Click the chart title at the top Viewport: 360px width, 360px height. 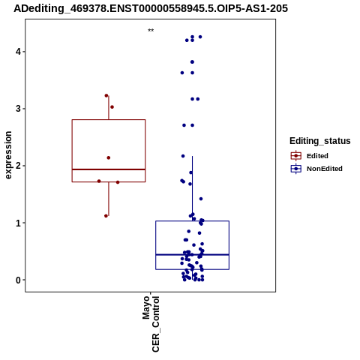pos(151,8)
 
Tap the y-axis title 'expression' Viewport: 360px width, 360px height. pos(8,155)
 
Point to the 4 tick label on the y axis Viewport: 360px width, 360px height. pos(18,52)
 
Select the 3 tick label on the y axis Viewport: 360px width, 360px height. pos(18,109)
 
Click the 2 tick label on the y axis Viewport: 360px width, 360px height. pos(18,166)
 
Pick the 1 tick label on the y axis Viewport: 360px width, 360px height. pos(18,223)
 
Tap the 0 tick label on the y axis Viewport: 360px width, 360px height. pos(18,280)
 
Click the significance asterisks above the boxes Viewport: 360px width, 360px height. pos(151,31)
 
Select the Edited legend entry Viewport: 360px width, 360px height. pos(317,156)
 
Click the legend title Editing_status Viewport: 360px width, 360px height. pos(320,141)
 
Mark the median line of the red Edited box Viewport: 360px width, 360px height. pos(109,169)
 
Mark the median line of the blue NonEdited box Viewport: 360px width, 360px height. pos(192,255)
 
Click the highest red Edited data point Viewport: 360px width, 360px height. pos(106,95)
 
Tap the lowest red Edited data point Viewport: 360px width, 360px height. pos(106,216)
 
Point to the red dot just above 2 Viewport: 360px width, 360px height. pos(109,157)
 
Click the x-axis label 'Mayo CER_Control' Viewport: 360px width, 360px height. pos(151,324)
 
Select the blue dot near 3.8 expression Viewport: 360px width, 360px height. pos(192,62)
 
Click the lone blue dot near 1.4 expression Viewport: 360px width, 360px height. pos(201,199)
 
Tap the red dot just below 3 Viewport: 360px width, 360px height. pos(112,107)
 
